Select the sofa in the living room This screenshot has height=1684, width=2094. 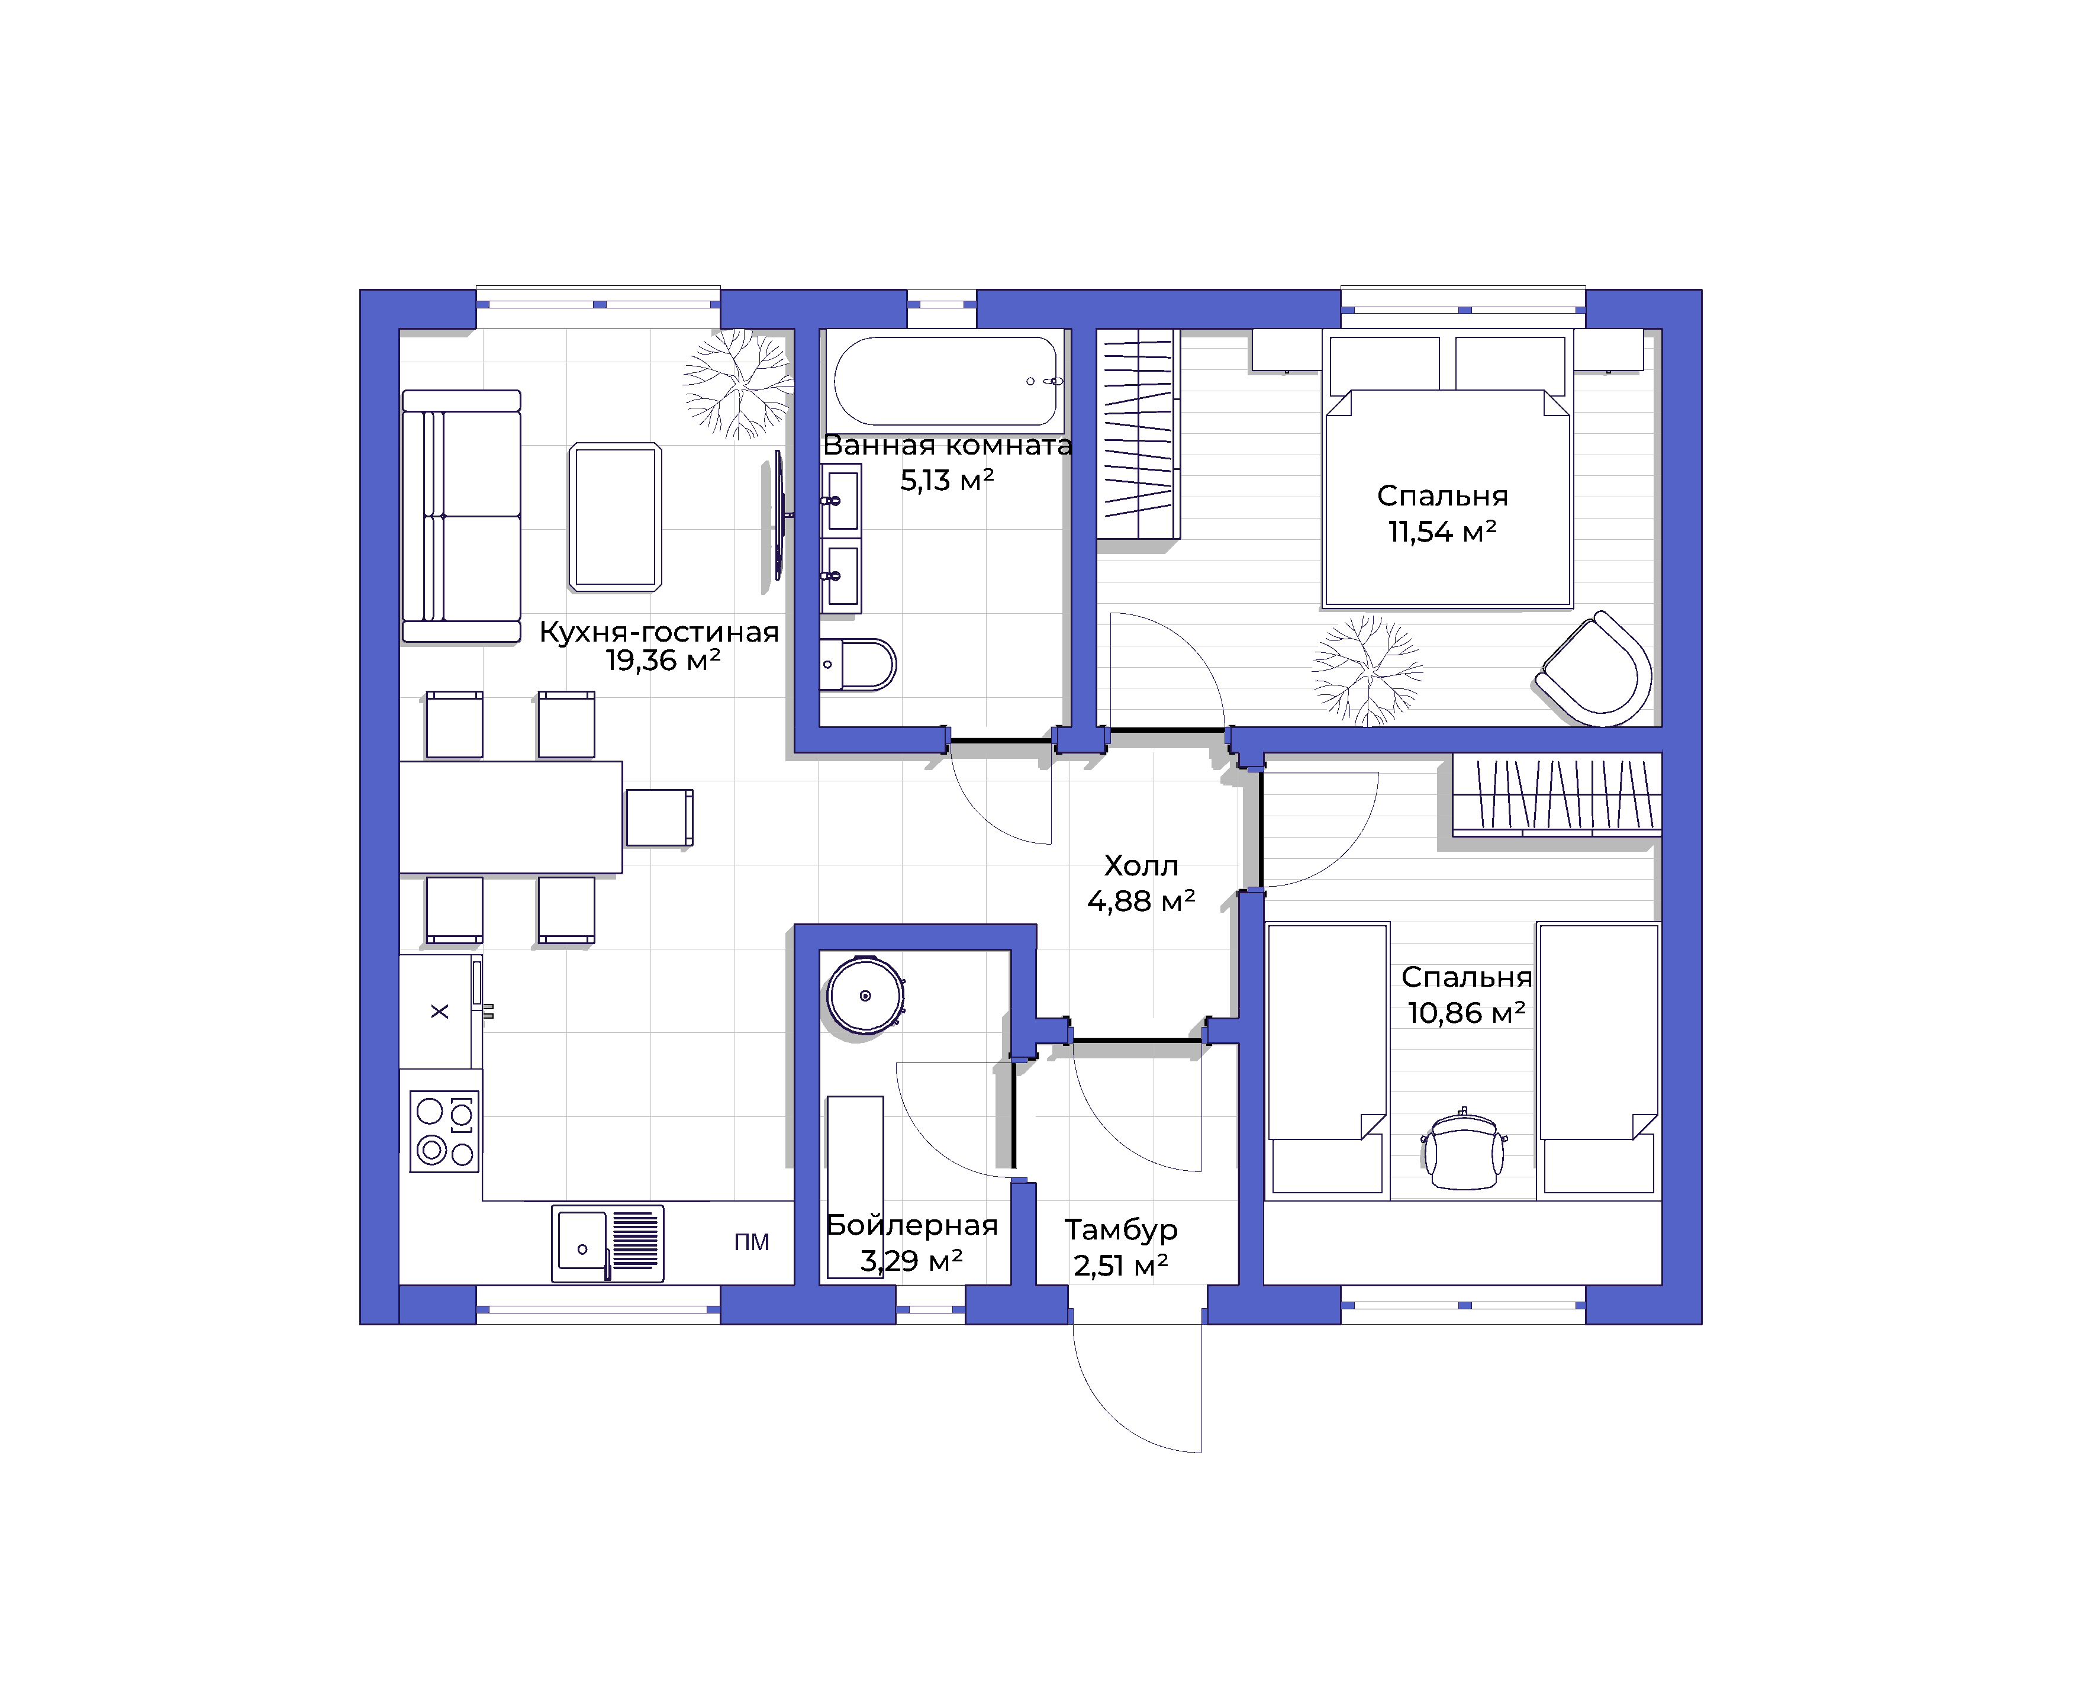(x=461, y=516)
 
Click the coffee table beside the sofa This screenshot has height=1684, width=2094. (x=616, y=517)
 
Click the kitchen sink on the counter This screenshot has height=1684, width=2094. (x=608, y=1243)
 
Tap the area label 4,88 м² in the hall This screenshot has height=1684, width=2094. (x=1141, y=901)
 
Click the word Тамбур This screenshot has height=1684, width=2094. (x=1122, y=1229)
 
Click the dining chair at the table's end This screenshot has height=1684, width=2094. (x=659, y=817)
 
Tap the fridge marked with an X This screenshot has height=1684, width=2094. (x=440, y=1011)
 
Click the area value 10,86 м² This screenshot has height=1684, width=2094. (x=1467, y=1013)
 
